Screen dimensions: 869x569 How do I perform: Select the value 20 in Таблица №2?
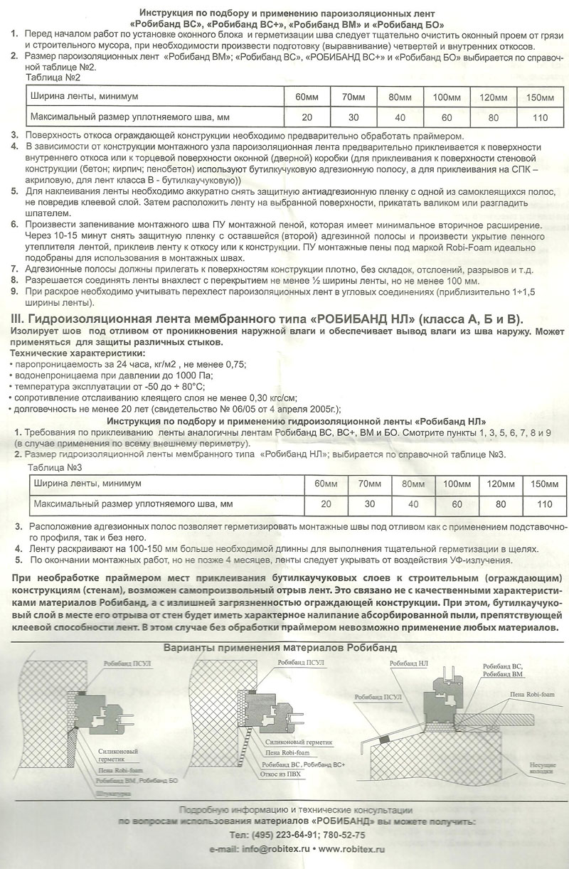307,117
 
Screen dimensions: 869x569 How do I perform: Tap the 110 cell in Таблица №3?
545,504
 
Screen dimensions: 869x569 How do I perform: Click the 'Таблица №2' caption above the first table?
53,76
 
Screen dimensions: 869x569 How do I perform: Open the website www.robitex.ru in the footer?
351,849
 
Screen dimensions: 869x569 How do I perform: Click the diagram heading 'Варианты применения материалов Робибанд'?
280,647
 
